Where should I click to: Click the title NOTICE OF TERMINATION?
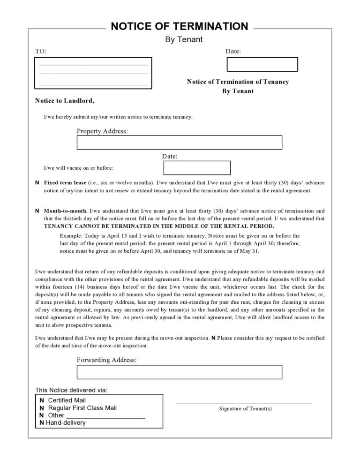pos(180,26)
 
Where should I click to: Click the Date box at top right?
pos(262,64)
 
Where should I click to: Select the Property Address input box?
pos(180,143)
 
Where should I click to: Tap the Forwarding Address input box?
pos(180,372)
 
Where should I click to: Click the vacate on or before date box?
pos(197,168)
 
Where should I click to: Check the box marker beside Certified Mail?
pos(42,400)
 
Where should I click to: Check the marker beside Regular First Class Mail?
pos(42,408)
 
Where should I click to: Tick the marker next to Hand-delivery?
pos(42,423)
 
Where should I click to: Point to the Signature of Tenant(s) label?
pos(245,409)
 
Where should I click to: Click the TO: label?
pos(41,51)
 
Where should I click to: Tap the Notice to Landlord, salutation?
pos(64,100)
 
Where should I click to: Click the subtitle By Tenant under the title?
pos(184,39)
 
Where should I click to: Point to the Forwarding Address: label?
pos(106,360)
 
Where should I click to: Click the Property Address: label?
pos(102,131)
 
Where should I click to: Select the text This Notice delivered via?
pos(71,390)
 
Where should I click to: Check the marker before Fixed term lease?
pos(37,182)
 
